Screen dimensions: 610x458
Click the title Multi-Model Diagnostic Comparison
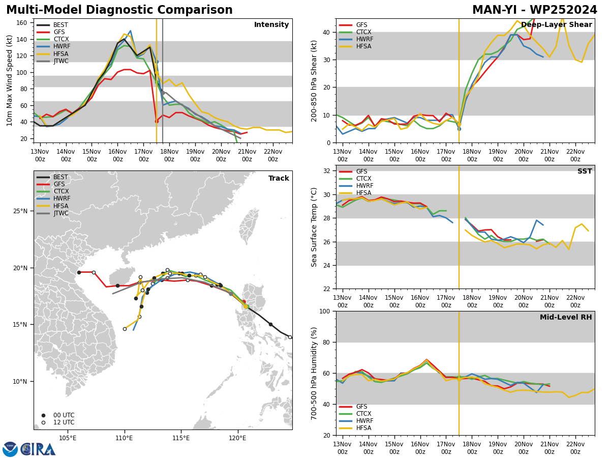point(119,10)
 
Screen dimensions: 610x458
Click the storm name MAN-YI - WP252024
point(534,10)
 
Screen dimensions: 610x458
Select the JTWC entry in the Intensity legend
point(52,61)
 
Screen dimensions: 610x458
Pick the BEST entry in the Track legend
point(52,177)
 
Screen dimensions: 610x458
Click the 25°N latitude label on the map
point(20,211)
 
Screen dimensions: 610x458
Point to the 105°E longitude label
point(68,438)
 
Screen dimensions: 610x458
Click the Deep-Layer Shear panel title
point(556,24)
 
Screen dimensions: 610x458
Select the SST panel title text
point(585,171)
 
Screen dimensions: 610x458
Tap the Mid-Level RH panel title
point(566,317)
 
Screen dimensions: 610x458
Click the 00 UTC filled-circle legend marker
point(43,415)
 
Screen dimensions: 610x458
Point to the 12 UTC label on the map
point(64,422)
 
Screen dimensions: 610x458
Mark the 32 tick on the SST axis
point(327,171)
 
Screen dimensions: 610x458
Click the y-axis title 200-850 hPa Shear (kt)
point(314,81)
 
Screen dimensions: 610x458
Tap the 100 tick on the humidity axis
point(325,311)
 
